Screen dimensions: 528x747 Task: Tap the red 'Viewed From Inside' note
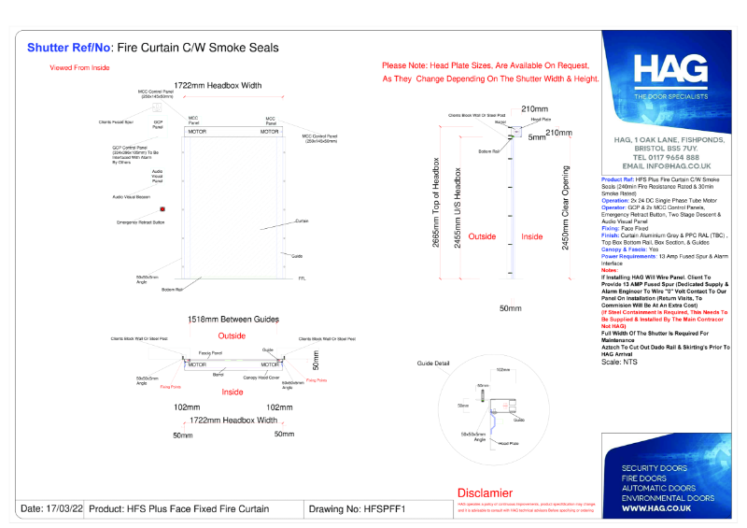79,68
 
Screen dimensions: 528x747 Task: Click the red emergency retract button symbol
162,210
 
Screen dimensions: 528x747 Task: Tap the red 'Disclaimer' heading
485,492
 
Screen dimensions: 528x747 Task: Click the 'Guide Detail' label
433,363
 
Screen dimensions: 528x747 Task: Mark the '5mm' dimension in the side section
536,137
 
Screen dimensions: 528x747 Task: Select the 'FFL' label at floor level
303,278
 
